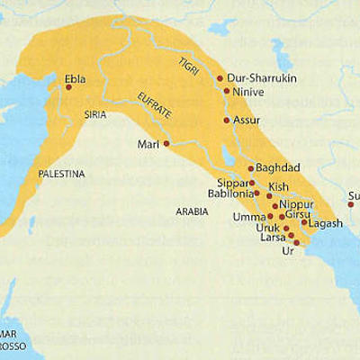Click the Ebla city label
pos(76,78)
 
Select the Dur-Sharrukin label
pos(259,78)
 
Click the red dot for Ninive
pos(226,91)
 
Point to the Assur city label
pos(247,120)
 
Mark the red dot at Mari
pos(166,143)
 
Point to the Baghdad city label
pos(277,168)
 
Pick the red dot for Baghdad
pos(251,168)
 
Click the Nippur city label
pos(296,205)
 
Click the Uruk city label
pos(269,229)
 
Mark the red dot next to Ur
pos(297,243)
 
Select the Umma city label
pos(250,217)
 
